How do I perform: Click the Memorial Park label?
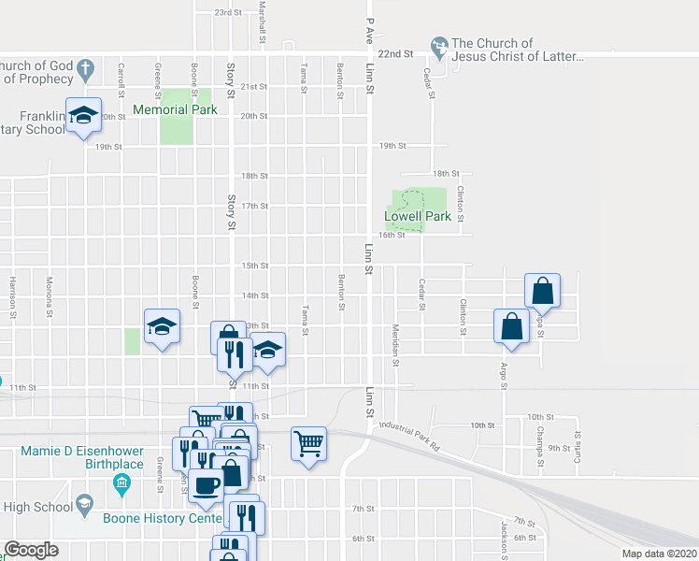[175, 109]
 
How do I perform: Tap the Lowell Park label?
[418, 216]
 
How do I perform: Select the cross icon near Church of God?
[85, 70]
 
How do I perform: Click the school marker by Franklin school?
[84, 115]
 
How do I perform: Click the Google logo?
[31, 550]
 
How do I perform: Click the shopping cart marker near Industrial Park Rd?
[308, 443]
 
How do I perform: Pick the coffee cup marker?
[208, 483]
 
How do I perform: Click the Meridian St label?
[395, 345]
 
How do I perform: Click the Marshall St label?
[264, 21]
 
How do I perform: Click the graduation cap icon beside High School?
[84, 506]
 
